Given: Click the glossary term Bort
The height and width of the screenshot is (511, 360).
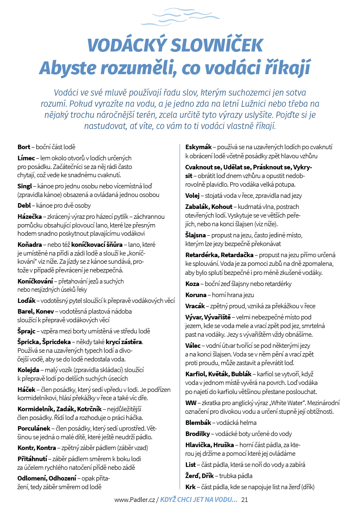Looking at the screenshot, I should click(x=24, y=147).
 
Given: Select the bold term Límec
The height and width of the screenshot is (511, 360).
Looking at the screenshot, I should click(x=26, y=157).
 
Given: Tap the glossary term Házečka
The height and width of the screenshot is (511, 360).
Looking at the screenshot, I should click(x=30, y=217).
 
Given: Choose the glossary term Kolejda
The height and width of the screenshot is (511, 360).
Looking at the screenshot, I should click(x=28, y=370).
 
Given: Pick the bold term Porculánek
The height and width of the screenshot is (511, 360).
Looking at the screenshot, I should click(x=34, y=429).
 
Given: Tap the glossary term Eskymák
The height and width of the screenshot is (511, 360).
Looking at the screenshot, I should click(x=199, y=147).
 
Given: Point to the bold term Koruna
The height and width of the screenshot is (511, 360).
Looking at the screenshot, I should click(x=195, y=295).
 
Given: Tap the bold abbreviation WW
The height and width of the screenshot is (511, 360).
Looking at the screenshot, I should click(x=190, y=403).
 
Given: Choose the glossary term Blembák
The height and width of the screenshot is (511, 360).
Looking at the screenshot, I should click(x=198, y=422).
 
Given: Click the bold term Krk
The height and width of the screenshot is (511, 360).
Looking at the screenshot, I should click(x=190, y=487).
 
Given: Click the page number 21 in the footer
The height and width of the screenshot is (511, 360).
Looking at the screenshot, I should click(x=244, y=500).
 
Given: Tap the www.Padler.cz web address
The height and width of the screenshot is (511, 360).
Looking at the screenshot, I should click(x=134, y=500).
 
